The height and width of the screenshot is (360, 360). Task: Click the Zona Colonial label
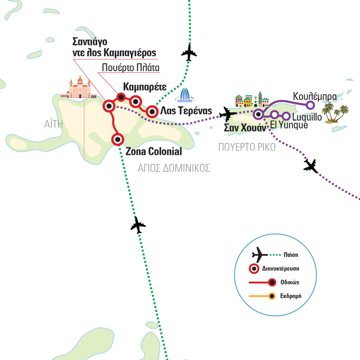(x=153, y=151)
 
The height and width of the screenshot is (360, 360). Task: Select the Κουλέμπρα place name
(x=315, y=96)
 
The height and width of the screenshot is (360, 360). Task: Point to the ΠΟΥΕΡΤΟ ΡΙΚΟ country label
(x=247, y=148)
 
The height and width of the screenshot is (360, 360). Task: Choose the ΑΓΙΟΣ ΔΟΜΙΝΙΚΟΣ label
(x=174, y=168)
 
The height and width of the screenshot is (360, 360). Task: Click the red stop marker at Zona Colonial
(x=118, y=139)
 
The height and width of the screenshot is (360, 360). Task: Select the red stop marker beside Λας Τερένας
(x=152, y=111)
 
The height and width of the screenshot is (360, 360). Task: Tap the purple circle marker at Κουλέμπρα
(x=310, y=105)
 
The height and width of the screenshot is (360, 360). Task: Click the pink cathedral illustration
(x=79, y=88)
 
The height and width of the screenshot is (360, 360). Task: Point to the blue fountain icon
(x=185, y=96)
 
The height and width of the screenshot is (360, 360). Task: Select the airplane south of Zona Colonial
(x=138, y=225)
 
